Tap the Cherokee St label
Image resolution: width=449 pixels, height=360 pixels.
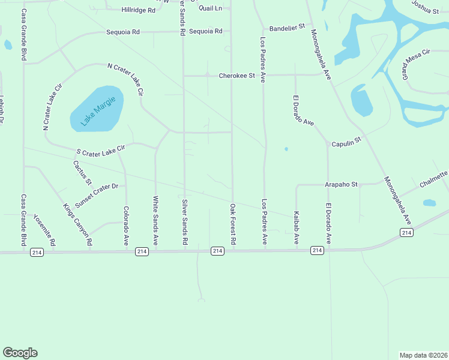pos(237,76)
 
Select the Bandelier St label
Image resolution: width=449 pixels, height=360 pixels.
pos(288,28)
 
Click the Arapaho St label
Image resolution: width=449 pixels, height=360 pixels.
pos(342,185)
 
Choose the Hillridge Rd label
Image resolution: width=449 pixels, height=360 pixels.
pos(138,10)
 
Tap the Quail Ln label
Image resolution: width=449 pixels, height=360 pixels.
pos(210,8)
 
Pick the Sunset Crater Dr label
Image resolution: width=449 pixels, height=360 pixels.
pos(96,192)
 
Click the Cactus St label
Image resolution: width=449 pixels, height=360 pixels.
pos(82,172)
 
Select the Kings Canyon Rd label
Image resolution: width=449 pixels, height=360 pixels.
pos(77,224)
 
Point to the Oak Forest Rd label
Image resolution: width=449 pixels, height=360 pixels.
pos(233,224)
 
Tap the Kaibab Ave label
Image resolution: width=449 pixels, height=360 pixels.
pos(297,227)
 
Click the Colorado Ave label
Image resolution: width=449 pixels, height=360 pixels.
pos(126,225)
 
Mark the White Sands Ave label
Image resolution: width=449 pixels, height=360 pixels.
pos(155,221)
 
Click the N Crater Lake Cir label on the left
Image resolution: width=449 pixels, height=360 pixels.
pos(53,107)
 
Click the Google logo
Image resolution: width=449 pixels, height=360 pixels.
pos(20,353)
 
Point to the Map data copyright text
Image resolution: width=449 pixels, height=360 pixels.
pos(423,355)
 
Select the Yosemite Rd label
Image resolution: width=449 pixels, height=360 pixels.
pos(44,230)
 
